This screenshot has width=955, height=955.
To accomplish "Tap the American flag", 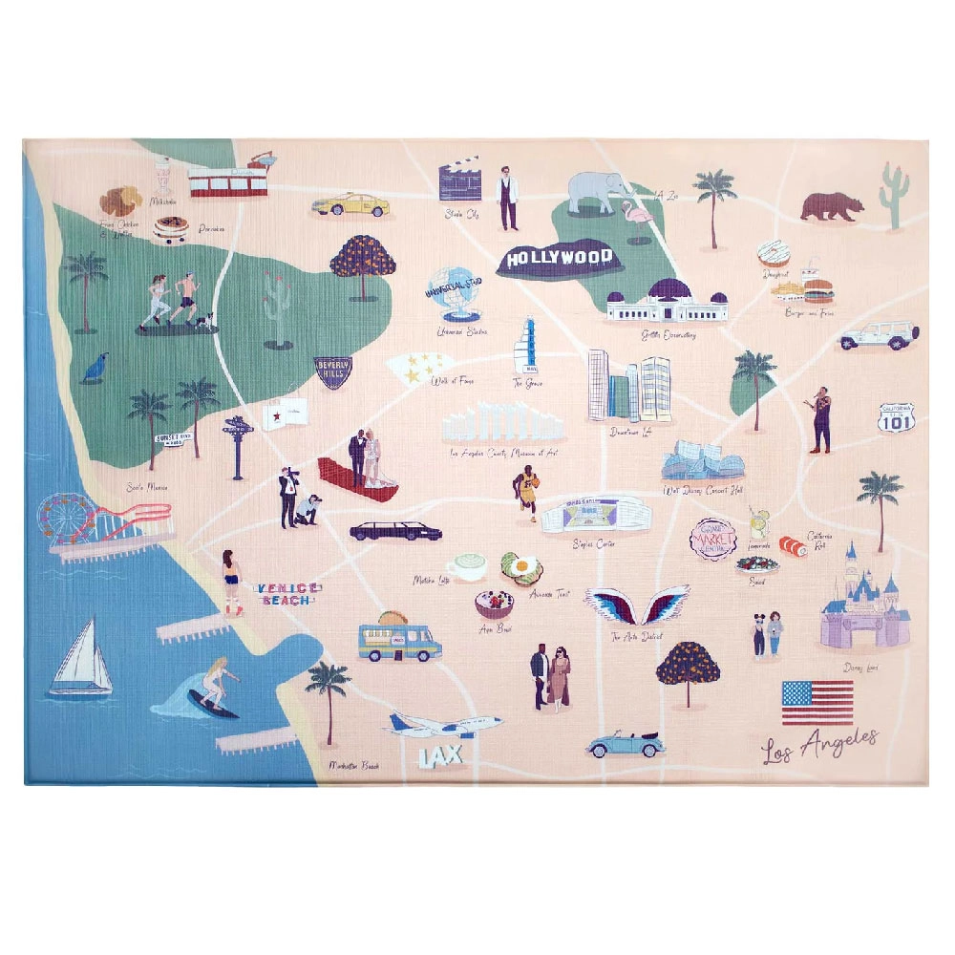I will click(x=817, y=702).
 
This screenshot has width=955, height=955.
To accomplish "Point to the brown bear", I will click(x=831, y=206).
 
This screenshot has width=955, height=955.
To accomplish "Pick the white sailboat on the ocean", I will click(x=81, y=659).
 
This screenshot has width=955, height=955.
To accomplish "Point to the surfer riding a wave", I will click(x=210, y=686).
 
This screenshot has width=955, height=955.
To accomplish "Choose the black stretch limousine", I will click(x=394, y=531).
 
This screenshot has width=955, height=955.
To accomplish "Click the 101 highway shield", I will click(x=897, y=417).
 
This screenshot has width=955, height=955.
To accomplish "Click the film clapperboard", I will click(x=458, y=181).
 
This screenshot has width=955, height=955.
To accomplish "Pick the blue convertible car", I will click(x=625, y=744).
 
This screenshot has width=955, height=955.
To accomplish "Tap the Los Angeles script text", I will click(x=819, y=744).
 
